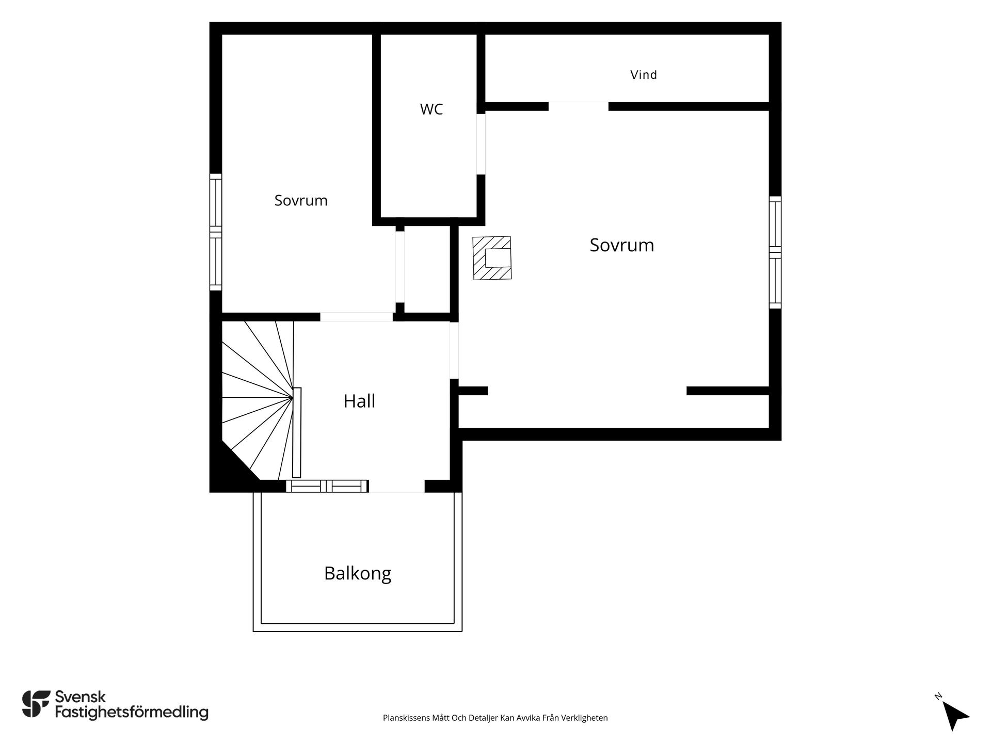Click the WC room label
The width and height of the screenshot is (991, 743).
[431, 109]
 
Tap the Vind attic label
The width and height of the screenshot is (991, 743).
[644, 75]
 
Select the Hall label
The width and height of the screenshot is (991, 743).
[359, 401]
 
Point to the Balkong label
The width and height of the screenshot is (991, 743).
[358, 574]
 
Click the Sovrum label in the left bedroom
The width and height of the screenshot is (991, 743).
[301, 200]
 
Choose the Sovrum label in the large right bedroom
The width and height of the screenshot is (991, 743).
[622, 245]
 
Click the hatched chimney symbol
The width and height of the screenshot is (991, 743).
[492, 258]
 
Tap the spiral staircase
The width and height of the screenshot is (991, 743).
[258, 400]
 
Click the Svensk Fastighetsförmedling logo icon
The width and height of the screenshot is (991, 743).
[36, 704]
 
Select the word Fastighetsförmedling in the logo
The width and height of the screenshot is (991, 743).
[132, 713]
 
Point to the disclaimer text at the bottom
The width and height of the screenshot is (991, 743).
[495, 718]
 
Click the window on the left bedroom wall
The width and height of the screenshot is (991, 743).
[216, 232]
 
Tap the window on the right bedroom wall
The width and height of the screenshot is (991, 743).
[775, 252]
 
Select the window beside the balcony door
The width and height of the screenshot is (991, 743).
[327, 486]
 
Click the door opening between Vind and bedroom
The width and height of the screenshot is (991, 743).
[579, 107]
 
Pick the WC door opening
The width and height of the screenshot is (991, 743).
[481, 144]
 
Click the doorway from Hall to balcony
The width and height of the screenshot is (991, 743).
[396, 486]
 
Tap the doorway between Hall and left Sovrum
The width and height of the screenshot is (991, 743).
[357, 317]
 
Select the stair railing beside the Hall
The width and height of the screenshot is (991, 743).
[297, 432]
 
